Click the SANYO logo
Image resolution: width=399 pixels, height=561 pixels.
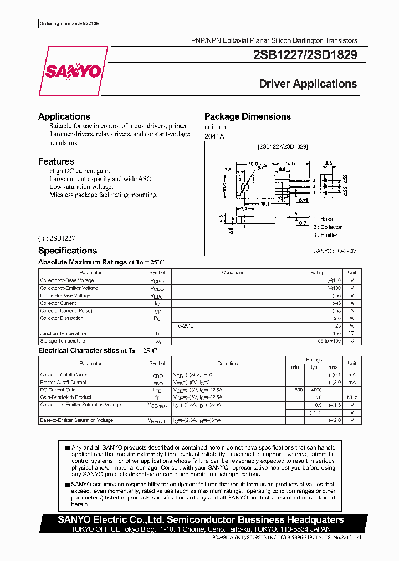(73, 72)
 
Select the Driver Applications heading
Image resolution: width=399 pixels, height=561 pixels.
(308, 84)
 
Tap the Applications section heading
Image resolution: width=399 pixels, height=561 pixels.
(64, 116)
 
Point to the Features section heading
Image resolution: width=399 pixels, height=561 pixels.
(56, 161)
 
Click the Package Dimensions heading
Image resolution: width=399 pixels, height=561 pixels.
(248, 116)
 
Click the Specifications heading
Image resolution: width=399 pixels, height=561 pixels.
(68, 251)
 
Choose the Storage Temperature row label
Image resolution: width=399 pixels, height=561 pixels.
(63, 341)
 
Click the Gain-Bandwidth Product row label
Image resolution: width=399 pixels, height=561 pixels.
(66, 397)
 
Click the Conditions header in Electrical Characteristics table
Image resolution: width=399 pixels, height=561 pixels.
(228, 364)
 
